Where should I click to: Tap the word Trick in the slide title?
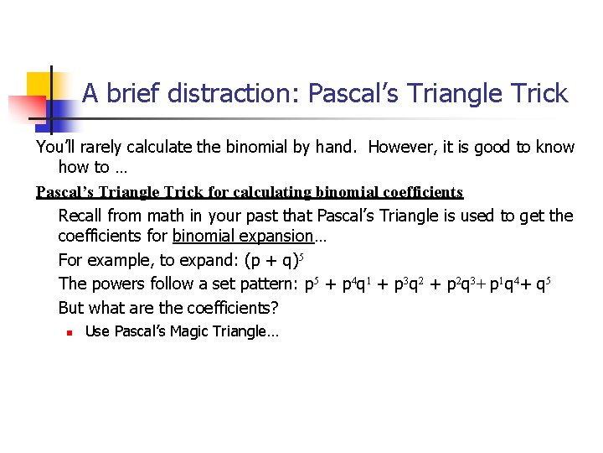(536, 93)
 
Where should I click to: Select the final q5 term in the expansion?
(543, 284)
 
